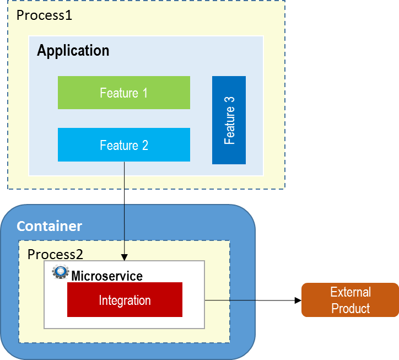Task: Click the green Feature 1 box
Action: click(123, 93)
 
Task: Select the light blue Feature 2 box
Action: click(123, 145)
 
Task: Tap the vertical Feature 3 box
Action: click(229, 120)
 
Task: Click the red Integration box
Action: click(125, 300)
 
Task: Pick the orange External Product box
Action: click(350, 300)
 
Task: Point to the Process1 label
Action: click(44, 15)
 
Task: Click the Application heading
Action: click(73, 51)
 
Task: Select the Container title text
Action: click(49, 226)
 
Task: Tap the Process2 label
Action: click(55, 254)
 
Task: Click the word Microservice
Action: click(107, 276)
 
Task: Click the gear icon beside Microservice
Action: click(60, 272)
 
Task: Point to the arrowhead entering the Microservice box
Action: click(125, 257)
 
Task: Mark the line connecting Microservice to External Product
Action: click(230, 300)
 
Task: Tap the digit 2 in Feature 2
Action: click(145, 145)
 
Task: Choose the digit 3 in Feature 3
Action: click(229, 100)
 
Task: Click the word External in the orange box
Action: click(350, 292)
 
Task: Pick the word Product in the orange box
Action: click(350, 308)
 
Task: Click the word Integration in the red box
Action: click(125, 300)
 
